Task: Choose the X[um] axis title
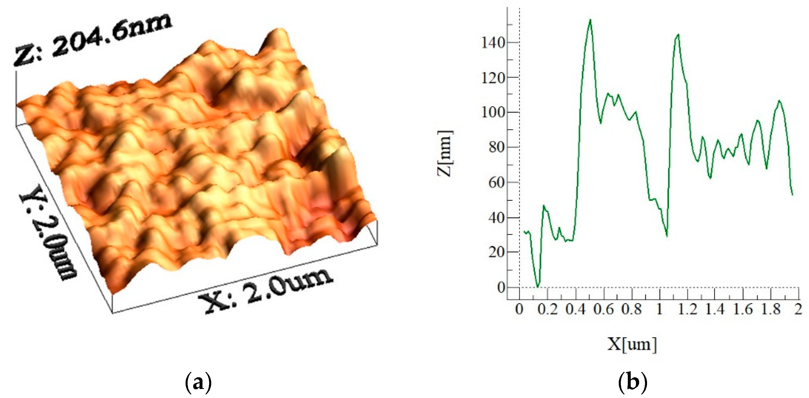point(632,344)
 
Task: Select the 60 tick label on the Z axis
point(496,182)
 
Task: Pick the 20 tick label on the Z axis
point(496,252)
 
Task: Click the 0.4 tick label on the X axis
point(576,310)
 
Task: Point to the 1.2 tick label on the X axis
point(687,310)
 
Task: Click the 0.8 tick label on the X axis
point(632,310)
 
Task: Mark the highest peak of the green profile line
point(591,20)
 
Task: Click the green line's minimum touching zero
point(538,287)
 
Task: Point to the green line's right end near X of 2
point(792,195)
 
